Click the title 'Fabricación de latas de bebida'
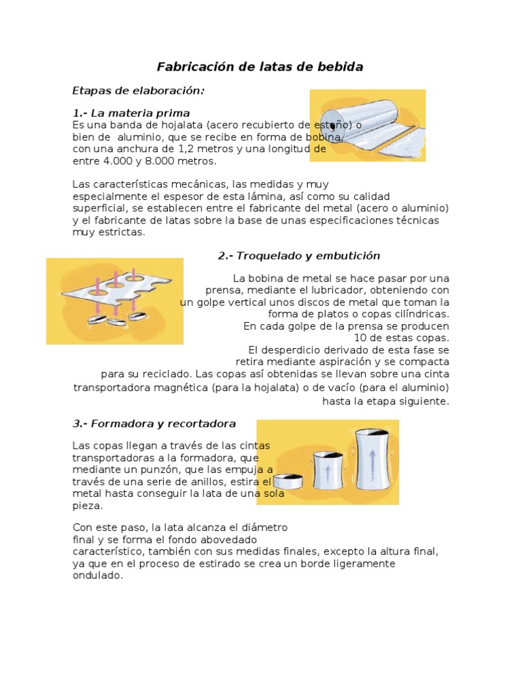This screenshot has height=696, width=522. point(260,67)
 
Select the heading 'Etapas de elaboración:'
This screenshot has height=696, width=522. point(139,90)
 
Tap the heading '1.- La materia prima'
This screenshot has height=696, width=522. point(131,113)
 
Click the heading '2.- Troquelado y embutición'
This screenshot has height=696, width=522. point(299,256)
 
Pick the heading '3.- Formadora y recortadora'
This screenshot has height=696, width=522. point(154,423)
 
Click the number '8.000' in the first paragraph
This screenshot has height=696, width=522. point(145,161)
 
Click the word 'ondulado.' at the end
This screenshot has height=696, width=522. point(98,576)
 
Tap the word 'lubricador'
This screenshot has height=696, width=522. point(322,290)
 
